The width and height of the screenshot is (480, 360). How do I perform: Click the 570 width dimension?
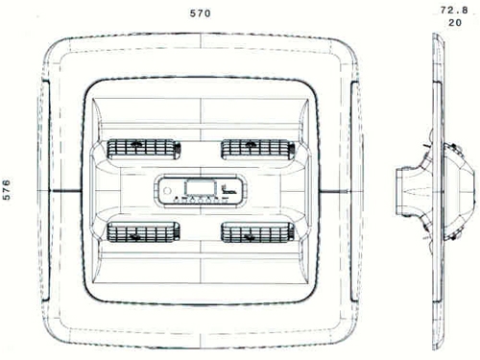pyautogui.click(x=201, y=13)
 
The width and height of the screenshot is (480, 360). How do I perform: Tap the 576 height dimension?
pyautogui.click(x=7, y=190)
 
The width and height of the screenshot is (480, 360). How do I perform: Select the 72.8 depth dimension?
pyautogui.click(x=454, y=11)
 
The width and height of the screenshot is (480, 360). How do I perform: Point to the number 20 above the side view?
pyautogui.click(x=455, y=23)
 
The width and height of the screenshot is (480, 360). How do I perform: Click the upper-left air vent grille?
pyautogui.click(x=143, y=150)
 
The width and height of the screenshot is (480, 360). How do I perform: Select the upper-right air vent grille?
pyautogui.click(x=257, y=150)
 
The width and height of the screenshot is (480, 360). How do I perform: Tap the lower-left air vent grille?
pyautogui.click(x=143, y=232)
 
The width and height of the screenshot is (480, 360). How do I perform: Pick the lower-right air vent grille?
pyautogui.click(x=257, y=232)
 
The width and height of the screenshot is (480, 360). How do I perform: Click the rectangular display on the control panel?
pyautogui.click(x=201, y=188)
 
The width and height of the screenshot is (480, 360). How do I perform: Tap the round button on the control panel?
pyautogui.click(x=167, y=191)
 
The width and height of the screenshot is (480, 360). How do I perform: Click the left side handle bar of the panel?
pyautogui.click(x=45, y=191)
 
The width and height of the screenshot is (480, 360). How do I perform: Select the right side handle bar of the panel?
pyautogui.click(x=354, y=191)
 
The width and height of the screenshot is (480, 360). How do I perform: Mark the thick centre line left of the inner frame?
pyautogui.click(x=67, y=191)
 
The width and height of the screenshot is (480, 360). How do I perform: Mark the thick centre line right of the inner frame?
pyautogui.click(x=335, y=191)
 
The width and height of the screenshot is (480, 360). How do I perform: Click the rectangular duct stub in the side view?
pyautogui.click(x=404, y=191)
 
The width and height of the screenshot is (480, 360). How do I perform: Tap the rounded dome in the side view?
pyautogui.click(x=460, y=191)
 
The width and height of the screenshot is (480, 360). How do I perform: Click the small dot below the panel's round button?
pyautogui.click(x=176, y=199)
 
